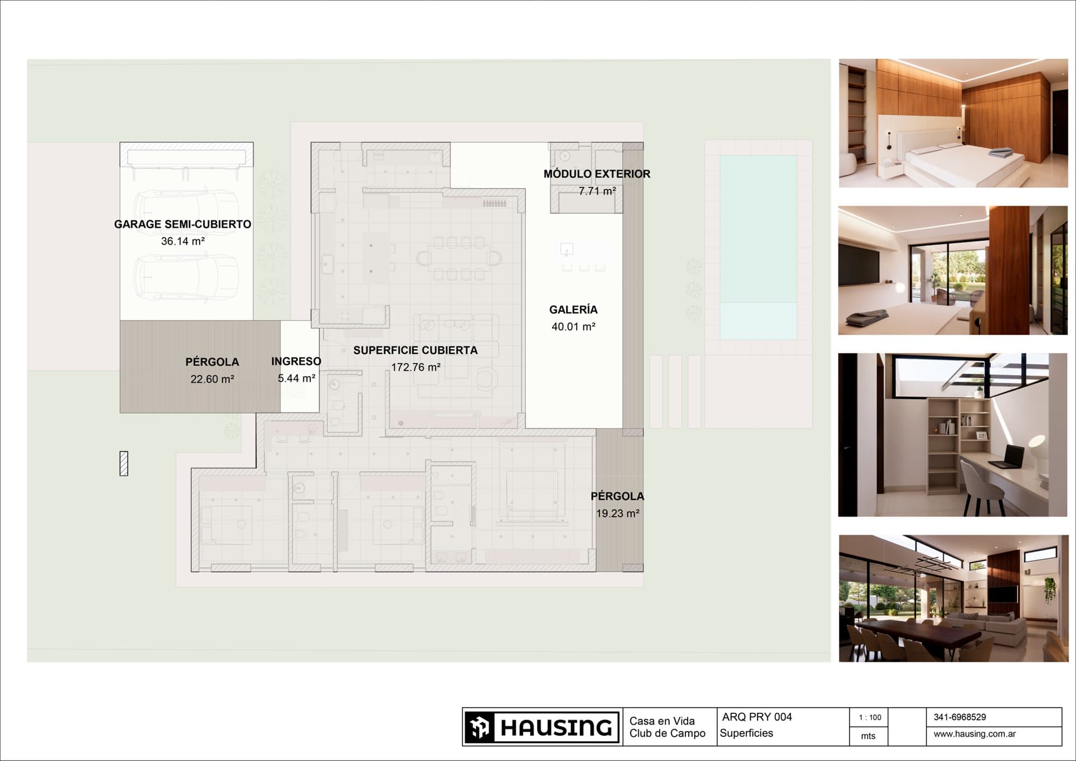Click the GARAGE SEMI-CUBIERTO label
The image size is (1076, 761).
183,224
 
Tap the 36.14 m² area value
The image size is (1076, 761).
183,242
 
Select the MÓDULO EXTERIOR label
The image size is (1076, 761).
597,174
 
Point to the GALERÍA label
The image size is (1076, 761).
573,309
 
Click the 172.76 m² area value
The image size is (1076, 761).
416,368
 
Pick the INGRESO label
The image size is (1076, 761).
296,361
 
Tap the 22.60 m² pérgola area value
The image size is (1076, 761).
212,379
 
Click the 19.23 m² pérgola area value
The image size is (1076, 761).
618,513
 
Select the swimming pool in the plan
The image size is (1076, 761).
758,247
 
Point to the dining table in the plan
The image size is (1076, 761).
460,258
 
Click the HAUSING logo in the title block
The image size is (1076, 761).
542,727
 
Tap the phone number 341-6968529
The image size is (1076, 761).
960,717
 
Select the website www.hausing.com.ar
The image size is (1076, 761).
975,734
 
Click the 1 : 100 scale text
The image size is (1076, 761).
870,717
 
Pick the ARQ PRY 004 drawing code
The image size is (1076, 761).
757,717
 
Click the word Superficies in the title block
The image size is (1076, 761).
746,733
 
